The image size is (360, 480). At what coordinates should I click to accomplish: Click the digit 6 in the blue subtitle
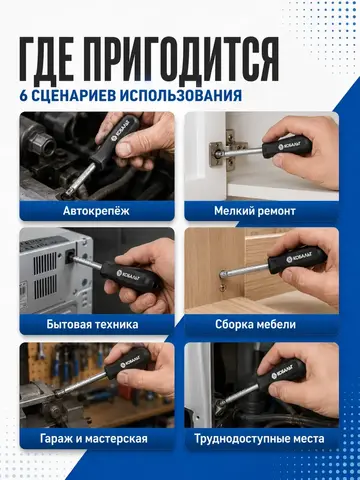pyautogui.click(x=23, y=96)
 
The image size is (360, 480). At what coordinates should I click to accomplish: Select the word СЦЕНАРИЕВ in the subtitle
pyautogui.click(x=74, y=96)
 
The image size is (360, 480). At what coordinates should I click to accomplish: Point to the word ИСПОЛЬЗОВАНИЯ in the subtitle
pyautogui.click(x=181, y=96)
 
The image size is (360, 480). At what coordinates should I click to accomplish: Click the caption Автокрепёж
pyautogui.click(x=96, y=211)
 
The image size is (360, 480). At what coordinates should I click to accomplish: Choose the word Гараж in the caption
pyautogui.click(x=56, y=439)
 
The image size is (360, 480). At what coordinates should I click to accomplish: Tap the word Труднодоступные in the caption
pyautogui.click(x=242, y=439)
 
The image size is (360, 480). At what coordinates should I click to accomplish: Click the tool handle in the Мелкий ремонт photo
pyautogui.click(x=287, y=146)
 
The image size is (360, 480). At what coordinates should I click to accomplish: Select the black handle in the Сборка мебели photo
pyautogui.click(x=297, y=259)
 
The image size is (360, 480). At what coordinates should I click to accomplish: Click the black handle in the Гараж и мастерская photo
pyautogui.click(x=128, y=363)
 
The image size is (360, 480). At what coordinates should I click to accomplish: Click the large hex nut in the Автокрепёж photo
pyautogui.click(x=43, y=143)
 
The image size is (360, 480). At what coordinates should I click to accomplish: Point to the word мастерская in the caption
pyautogui.click(x=116, y=439)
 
